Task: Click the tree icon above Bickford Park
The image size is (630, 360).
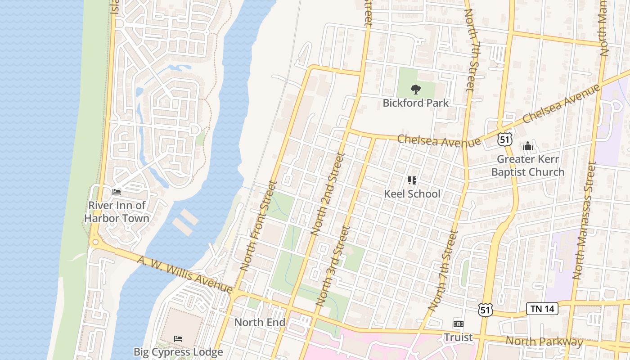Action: (x=415, y=90)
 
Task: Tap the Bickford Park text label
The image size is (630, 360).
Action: (x=415, y=103)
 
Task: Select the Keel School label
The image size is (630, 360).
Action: (x=412, y=194)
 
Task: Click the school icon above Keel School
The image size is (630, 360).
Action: (x=412, y=180)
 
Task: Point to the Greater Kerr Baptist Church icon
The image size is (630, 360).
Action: (x=527, y=146)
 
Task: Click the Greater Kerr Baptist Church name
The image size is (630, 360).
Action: (x=527, y=166)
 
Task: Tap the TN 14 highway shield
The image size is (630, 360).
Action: (x=542, y=309)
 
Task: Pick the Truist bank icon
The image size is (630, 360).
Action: (x=458, y=324)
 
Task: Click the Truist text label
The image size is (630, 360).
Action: (x=458, y=337)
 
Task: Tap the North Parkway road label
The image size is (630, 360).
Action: (x=544, y=342)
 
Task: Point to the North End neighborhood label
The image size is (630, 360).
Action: (x=260, y=323)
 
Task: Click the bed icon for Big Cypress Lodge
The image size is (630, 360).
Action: (x=178, y=338)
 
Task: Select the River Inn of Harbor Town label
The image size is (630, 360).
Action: (x=118, y=212)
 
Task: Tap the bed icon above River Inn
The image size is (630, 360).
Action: (x=117, y=192)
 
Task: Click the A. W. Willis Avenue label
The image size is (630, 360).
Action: (x=184, y=274)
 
